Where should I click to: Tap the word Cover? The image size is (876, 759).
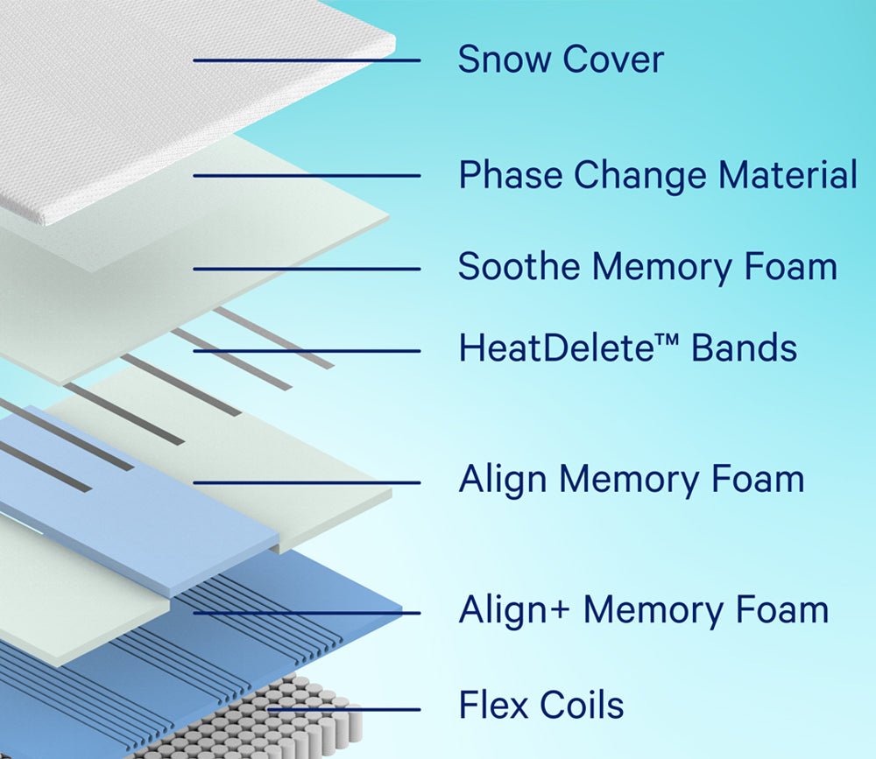(612, 60)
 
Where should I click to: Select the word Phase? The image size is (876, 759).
(510, 175)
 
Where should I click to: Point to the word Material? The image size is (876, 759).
(788, 175)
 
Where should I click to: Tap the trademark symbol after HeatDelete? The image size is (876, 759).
(668, 341)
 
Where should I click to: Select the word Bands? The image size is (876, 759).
(745, 348)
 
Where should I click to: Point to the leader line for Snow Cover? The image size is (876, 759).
(307, 60)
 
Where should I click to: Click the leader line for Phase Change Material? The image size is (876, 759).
(307, 176)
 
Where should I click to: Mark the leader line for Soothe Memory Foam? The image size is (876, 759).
(307, 269)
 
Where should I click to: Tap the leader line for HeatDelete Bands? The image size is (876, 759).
(307, 351)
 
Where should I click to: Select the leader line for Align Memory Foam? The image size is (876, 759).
(307, 482)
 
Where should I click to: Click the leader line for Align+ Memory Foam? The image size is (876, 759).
(307, 613)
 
